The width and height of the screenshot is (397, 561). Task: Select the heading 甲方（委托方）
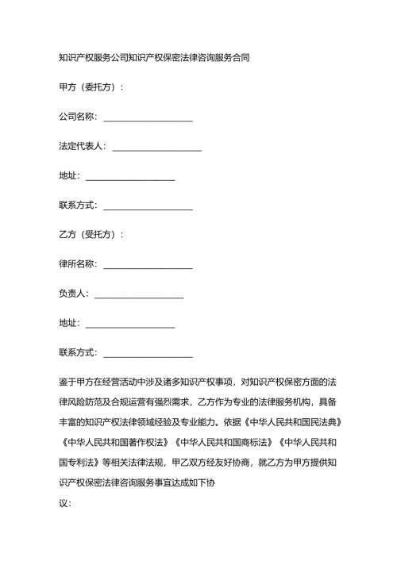coord(91,87)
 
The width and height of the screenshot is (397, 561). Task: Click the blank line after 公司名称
coord(148,118)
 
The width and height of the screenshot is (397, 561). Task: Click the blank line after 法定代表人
coord(157,148)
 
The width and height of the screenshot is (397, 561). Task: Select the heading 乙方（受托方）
coord(91,235)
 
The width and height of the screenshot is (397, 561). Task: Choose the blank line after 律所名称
coord(148,265)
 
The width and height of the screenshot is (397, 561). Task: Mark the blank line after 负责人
coord(139,294)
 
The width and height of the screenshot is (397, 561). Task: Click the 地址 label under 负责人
coord(68,323)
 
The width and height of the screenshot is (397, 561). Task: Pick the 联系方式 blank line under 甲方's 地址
coord(148,206)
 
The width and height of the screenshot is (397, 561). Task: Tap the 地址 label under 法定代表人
coord(68,176)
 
